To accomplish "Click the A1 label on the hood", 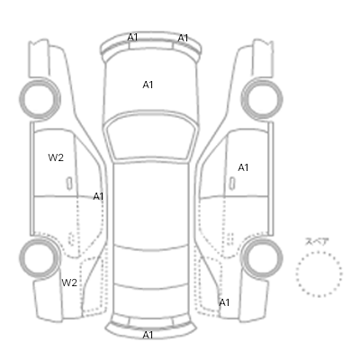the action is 148,85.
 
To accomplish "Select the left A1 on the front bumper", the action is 132,38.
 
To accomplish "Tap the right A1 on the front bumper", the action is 183,39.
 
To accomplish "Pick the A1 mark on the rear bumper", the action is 148,335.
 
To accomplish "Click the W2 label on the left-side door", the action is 56,157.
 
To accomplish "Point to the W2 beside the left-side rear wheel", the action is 69,283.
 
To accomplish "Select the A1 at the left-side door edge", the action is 98,197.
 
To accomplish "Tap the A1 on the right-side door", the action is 243,167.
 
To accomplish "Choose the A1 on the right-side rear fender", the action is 224,302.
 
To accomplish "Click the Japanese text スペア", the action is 317,242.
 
